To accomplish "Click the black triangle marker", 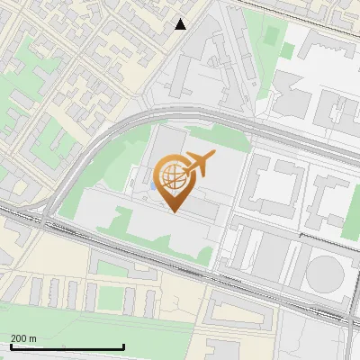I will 181,24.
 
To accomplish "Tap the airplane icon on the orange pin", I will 199,163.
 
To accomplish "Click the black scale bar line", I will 67,347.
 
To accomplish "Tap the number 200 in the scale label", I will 20,338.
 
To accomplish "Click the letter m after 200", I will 33,338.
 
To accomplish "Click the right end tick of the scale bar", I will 123,346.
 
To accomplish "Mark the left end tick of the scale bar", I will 10,346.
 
